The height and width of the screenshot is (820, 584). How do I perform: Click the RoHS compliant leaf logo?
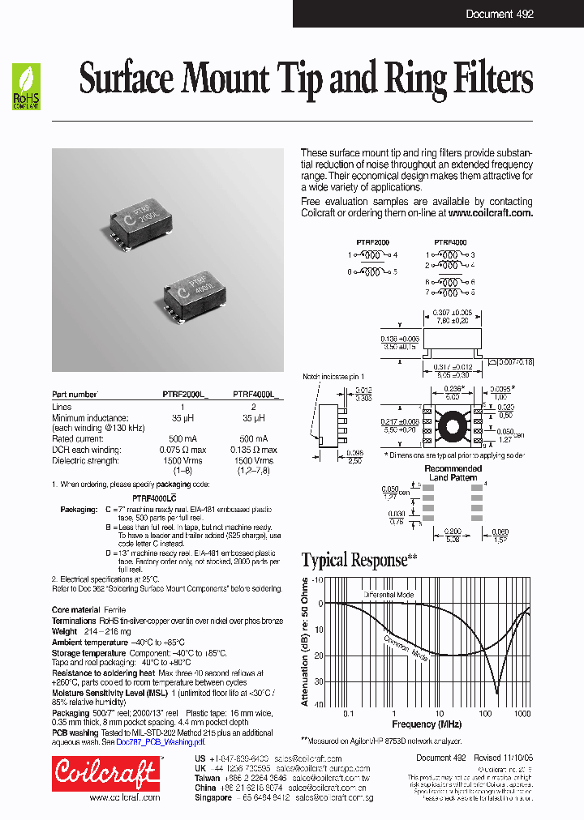(25, 87)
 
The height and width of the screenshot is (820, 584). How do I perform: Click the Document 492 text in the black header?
(499, 14)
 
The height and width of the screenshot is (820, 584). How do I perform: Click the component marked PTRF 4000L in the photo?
(200, 287)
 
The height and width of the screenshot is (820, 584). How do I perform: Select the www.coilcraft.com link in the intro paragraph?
(490, 213)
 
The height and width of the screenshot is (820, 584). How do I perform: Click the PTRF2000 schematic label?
(372, 241)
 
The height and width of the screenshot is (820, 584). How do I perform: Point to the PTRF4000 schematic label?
(449, 241)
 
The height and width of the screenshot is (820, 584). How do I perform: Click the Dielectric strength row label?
(86, 460)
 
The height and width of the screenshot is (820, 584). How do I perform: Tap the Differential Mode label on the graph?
(389, 595)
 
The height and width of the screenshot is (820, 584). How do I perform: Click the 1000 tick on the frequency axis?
(522, 712)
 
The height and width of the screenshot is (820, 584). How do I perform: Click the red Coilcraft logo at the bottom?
(105, 773)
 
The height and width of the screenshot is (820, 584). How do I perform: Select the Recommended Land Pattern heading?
(453, 473)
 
